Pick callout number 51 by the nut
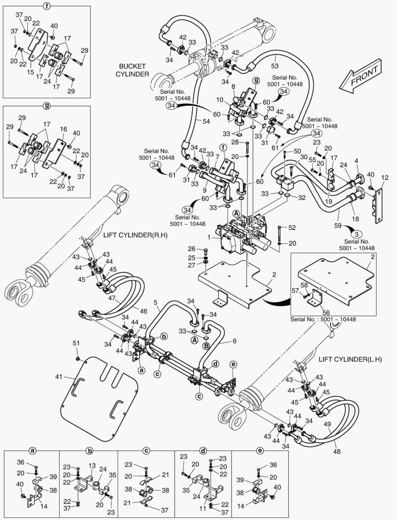76,343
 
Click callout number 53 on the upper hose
274,65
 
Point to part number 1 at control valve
208,237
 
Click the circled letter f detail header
46,6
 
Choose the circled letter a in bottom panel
32,451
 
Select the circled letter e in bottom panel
260,451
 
